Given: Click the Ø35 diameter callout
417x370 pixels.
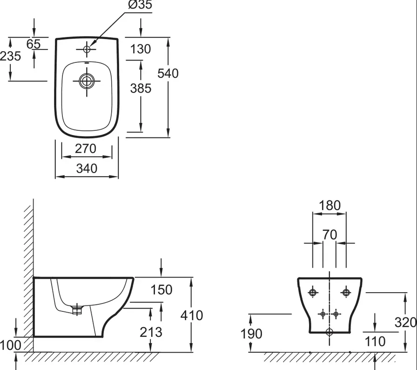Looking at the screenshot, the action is click(x=140, y=5).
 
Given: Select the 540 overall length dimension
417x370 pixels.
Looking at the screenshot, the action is click(x=168, y=74).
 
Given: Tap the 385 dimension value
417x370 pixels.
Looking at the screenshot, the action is click(x=141, y=88).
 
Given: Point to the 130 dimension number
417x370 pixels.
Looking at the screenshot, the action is click(x=141, y=49).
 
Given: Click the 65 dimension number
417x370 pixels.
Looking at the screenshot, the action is click(x=34, y=44).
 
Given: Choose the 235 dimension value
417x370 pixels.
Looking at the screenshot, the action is click(x=10, y=56).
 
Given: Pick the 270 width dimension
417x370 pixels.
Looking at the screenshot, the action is click(x=85, y=148).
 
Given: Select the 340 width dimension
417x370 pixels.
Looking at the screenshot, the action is click(x=87, y=168).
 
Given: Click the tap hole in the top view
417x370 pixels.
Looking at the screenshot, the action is click(x=87, y=49).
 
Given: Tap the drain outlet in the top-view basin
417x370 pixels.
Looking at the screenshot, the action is click(x=87, y=81).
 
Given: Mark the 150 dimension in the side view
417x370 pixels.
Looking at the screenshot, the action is click(x=161, y=289).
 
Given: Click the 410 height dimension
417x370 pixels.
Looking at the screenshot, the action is click(x=191, y=316).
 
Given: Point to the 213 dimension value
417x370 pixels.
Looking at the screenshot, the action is click(x=151, y=332).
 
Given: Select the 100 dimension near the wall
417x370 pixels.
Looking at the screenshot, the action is click(x=11, y=345).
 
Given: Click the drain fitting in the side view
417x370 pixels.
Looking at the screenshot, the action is click(x=77, y=309).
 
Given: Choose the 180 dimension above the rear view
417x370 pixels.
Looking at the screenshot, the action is click(x=330, y=206).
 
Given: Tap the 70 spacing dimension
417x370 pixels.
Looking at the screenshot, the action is click(x=330, y=235).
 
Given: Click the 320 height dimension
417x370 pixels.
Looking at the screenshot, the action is click(x=405, y=323).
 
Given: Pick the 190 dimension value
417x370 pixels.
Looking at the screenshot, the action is click(x=251, y=334).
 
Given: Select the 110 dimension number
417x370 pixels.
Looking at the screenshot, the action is click(x=375, y=342).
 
